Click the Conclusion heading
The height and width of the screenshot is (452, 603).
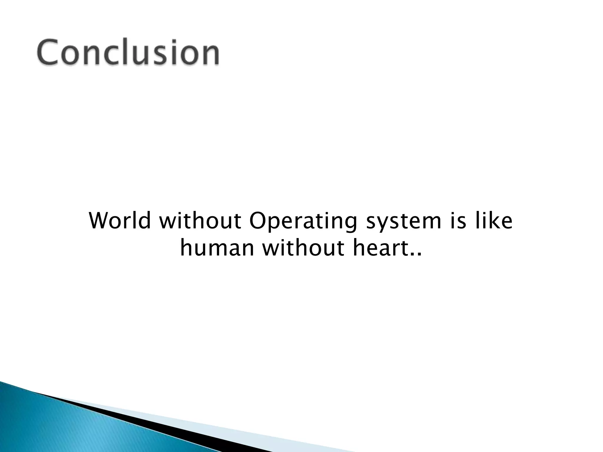[128, 52]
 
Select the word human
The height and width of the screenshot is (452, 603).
[217, 248]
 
